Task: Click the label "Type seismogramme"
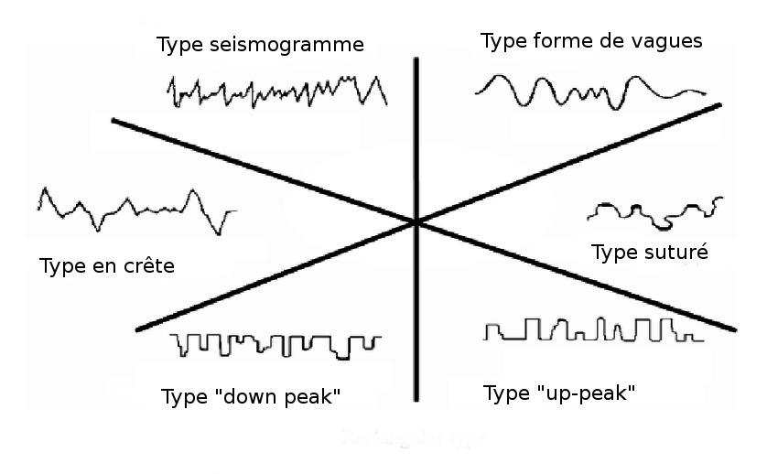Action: (x=260, y=45)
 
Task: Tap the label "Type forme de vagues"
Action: (x=591, y=41)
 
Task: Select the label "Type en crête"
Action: (x=107, y=266)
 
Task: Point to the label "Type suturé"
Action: (x=650, y=253)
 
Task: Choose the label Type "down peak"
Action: (x=251, y=397)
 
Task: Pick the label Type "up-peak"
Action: (x=558, y=393)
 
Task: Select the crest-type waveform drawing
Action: (x=135, y=209)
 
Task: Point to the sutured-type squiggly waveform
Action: (x=654, y=212)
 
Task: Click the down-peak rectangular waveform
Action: (x=276, y=344)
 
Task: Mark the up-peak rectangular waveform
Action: (x=593, y=329)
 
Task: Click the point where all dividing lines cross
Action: (x=416, y=221)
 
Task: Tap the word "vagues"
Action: (x=671, y=41)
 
